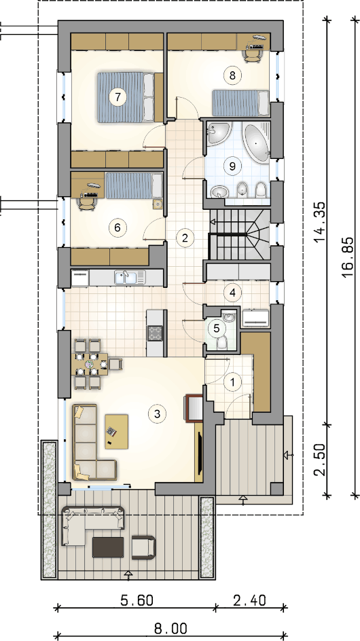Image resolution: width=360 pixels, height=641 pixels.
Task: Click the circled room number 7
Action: pyautogui.click(x=118, y=97)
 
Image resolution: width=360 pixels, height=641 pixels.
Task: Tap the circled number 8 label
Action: pyautogui.click(x=233, y=75)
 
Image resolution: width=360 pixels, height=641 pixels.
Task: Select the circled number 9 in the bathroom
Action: pyautogui.click(x=233, y=166)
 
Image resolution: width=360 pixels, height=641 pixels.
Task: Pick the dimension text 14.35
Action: pyautogui.click(x=321, y=222)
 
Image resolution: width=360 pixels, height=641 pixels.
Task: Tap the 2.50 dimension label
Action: pyautogui.click(x=321, y=460)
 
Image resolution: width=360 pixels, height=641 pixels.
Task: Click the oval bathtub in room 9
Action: pyautogui.click(x=257, y=143)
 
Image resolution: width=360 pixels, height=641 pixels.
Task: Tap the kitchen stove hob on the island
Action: pyautogui.click(x=156, y=332)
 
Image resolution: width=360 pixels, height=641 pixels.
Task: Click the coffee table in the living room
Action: pyautogui.click(x=117, y=432)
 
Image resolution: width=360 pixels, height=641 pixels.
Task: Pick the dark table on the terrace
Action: pyautogui.click(x=108, y=547)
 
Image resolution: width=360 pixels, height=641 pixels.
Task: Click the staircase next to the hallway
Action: pyautogui.click(x=239, y=234)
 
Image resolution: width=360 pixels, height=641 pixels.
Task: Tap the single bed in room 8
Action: pyautogui.click(x=240, y=103)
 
